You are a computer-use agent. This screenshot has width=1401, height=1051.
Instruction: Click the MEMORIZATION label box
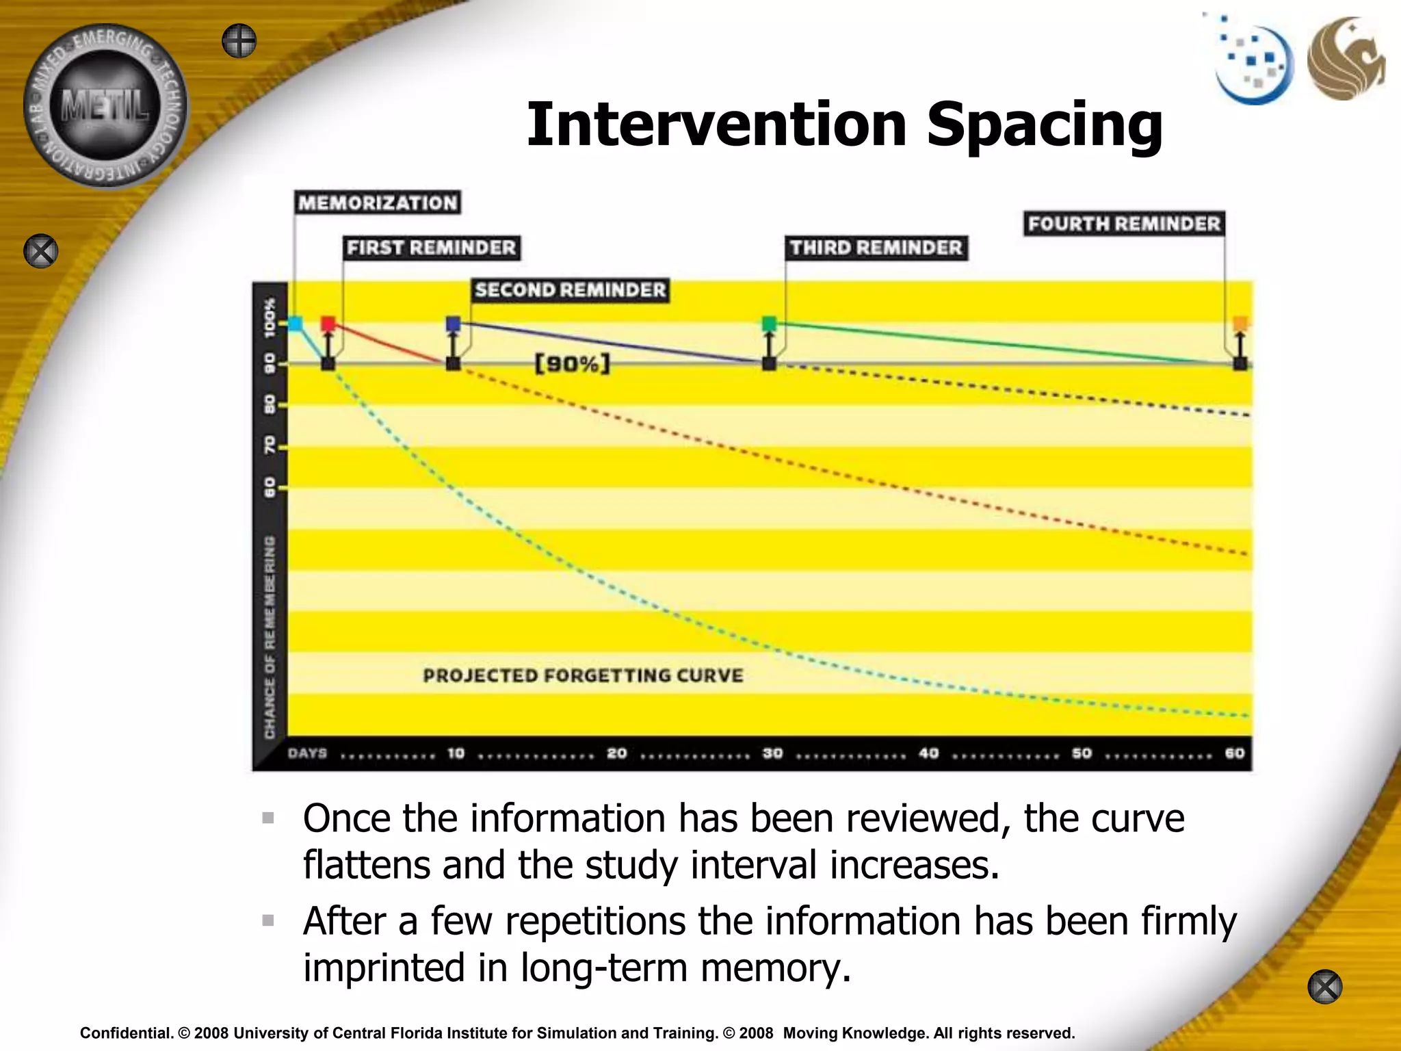coord(378,203)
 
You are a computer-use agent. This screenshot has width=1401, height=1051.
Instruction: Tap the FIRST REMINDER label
coord(431,247)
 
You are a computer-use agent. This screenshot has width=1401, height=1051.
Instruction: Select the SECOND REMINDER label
coord(570,289)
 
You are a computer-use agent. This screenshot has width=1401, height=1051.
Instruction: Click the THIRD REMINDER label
coord(876,247)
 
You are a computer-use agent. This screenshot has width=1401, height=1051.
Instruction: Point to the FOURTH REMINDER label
coord(1124,224)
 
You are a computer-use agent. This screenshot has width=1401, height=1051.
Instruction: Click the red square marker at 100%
coord(328,323)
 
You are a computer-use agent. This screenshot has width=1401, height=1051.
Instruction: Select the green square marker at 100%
coord(769,323)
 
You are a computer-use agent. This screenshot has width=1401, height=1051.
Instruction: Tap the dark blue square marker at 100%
coord(453,323)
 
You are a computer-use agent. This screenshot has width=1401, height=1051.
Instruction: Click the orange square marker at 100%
coord(1240,323)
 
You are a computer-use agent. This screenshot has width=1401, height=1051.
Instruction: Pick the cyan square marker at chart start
coord(296,323)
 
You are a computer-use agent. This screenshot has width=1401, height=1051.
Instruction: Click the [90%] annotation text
coord(572,363)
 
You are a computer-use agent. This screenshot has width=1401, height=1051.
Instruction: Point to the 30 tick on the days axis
coord(772,753)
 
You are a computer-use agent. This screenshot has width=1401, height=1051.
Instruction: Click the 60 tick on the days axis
coord(1235,753)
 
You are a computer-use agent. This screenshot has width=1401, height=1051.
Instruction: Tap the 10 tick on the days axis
coord(456,753)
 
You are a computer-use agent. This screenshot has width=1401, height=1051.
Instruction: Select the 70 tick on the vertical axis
coord(270,445)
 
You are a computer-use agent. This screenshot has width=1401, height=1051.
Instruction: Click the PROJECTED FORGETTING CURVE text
coord(583,675)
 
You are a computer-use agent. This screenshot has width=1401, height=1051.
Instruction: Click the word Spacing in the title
coord(1044,125)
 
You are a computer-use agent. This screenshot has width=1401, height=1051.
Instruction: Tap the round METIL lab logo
coord(105,106)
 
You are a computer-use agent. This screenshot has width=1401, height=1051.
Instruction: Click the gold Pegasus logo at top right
coord(1346,59)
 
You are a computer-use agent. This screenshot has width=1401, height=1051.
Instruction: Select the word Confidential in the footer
coord(126,1033)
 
